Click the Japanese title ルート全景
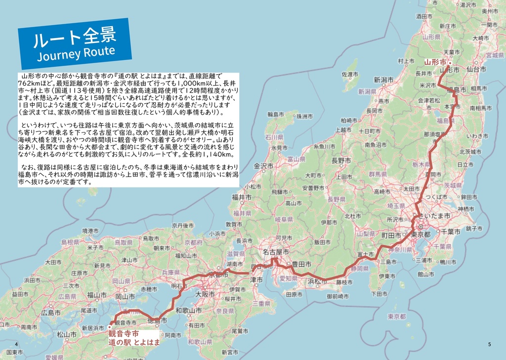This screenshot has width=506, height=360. [74, 38]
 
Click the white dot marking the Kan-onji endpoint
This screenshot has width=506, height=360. [109, 327]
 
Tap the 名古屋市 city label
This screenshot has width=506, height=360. [276, 252]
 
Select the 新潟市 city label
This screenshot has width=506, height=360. [383, 80]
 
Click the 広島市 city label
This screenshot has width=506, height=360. [51, 313]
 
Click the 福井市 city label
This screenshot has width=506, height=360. [242, 198]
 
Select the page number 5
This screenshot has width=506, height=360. [489, 344]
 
